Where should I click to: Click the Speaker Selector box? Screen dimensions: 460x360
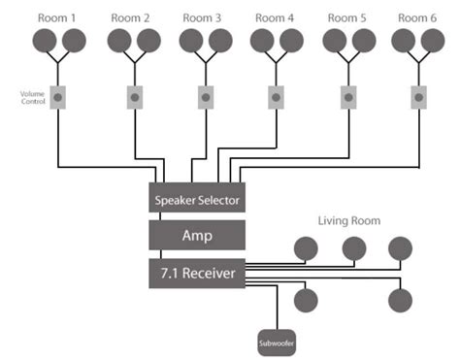pos(197,197)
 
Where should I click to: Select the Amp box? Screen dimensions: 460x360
pos(197,235)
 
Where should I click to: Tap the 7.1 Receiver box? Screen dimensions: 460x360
pos(197,274)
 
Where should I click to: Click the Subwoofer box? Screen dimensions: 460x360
pos(277,343)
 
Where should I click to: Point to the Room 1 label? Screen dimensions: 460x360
pos(56,18)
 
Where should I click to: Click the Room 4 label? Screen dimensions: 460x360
pos(275,18)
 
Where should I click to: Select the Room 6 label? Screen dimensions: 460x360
pos(417,18)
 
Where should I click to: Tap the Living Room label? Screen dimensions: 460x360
pos(349,221)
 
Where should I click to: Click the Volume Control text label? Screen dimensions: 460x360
pos(32,97)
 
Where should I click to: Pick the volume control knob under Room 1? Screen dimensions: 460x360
pos(58,97)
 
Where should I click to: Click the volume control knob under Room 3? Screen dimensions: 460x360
pos(206,97)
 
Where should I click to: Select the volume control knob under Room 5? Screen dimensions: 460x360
pos(348,97)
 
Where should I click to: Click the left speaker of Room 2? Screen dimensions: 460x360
pos(119,41)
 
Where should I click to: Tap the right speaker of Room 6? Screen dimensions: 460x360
pos(433,41)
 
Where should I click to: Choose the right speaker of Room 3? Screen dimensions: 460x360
pos(220,41)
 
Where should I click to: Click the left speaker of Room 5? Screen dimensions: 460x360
pos(335,41)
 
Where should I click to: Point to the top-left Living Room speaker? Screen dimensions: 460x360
pos(306,248)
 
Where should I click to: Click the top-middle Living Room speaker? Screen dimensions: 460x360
pos(354,248)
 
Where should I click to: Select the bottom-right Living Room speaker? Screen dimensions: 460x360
pos(401,301)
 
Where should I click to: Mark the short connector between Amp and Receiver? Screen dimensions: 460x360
pos(161,254)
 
